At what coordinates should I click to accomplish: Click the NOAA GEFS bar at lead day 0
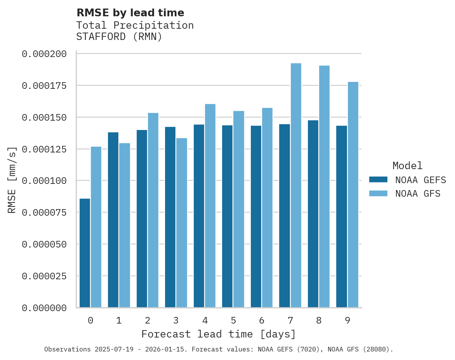pos(85,253)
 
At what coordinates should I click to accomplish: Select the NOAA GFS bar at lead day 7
pos(296,185)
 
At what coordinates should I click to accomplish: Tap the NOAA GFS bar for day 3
pos(182,223)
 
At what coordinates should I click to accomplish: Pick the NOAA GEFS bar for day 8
pos(313,214)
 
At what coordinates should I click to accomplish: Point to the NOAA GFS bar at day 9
pos(353,195)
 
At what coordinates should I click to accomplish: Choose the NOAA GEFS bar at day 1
pos(113,220)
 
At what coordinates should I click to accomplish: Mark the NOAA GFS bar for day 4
pos(210,206)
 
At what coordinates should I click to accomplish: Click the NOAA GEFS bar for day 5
pos(227,216)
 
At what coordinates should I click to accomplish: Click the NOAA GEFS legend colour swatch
pos(378,179)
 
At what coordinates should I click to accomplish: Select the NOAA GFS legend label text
pos(418,194)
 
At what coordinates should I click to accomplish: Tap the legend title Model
pos(407,166)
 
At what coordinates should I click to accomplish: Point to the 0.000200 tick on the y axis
pos(44,54)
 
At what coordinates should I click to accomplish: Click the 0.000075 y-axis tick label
pos(44,213)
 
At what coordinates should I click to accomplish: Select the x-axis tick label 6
pos(262,320)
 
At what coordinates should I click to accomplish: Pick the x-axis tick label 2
pos(148,320)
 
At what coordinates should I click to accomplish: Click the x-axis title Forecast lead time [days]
pos(219,334)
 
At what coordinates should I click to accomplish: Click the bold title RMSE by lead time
pos(130,13)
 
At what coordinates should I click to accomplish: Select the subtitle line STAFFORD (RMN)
pos(119,37)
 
